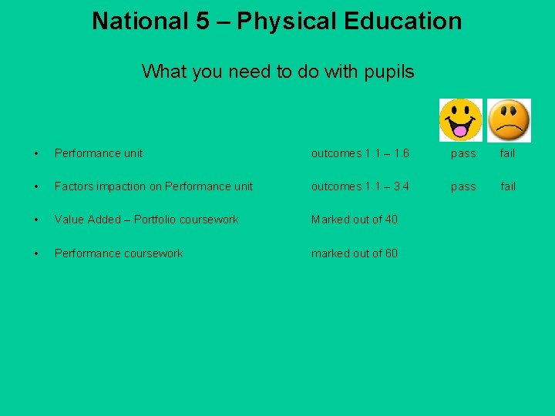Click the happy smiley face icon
click(x=460, y=120)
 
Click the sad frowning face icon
click(x=509, y=120)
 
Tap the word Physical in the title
click(x=287, y=22)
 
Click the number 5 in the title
click(x=202, y=22)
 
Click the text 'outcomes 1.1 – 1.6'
click(x=360, y=153)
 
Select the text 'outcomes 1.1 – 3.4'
click(x=360, y=186)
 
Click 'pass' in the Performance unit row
click(x=463, y=154)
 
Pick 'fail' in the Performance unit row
click(x=507, y=153)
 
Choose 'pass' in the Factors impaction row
click(x=463, y=187)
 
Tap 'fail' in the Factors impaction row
click(x=507, y=186)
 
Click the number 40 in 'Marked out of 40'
click(x=391, y=220)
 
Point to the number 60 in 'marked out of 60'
click(x=391, y=253)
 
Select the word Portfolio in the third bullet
click(x=157, y=220)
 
